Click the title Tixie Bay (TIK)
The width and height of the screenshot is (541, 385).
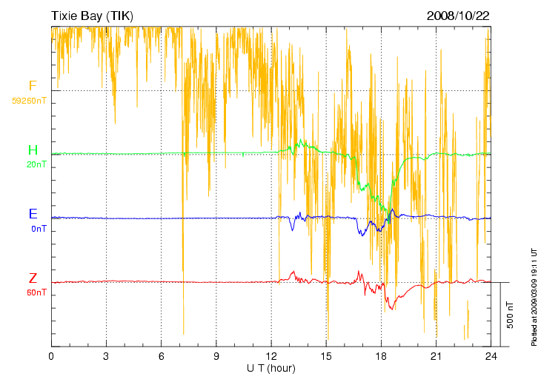[93, 16]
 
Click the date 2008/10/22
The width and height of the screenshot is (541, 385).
[458, 16]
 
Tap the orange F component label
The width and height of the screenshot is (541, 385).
[33, 86]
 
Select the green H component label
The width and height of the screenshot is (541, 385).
[33, 151]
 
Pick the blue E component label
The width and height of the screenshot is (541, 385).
[33, 215]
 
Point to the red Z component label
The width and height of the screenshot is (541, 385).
[33, 278]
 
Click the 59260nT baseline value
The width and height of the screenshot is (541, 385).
[29, 100]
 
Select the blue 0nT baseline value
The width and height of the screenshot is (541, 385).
[38, 229]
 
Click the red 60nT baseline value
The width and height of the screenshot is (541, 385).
[36, 292]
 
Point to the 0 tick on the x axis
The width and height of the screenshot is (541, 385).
[51, 356]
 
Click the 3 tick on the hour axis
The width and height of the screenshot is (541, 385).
[106, 356]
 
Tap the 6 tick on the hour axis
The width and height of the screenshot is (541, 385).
[162, 356]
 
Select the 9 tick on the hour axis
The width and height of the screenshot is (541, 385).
[216, 356]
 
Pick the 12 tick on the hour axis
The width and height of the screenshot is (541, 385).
[271, 356]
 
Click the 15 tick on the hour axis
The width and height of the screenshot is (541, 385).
[326, 356]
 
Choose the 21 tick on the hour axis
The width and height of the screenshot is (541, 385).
[437, 356]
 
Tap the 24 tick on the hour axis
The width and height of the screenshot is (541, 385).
[491, 356]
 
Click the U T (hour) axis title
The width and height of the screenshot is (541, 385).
[271, 368]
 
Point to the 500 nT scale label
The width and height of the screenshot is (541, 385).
[511, 315]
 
